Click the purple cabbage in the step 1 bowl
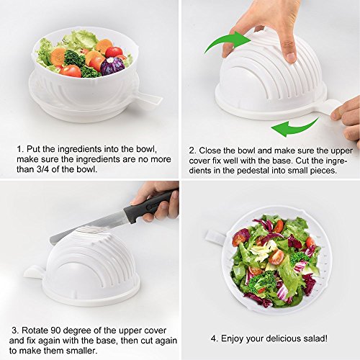[112, 66]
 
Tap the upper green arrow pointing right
[227, 42]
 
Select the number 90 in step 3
[55, 330]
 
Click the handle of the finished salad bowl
[215, 237]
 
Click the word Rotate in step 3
[35, 330]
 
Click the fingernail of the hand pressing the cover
[291, 57]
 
